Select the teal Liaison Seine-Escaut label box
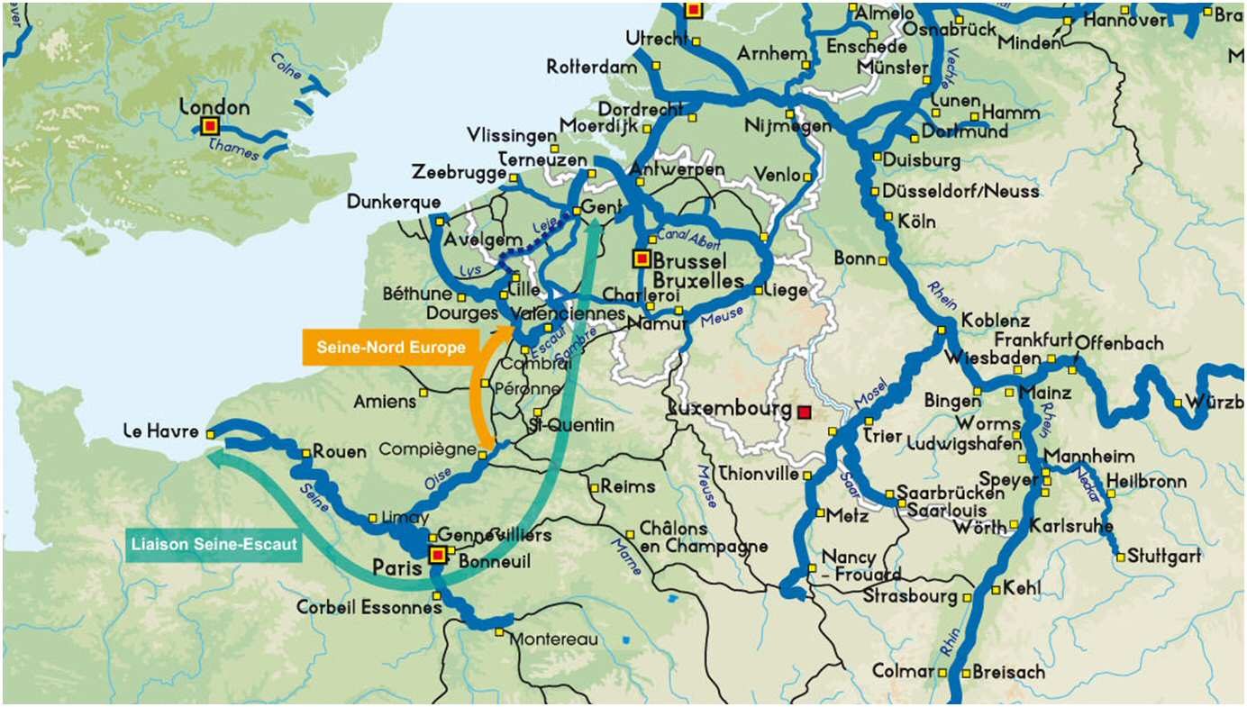click(x=214, y=545)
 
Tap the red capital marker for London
click(x=210, y=126)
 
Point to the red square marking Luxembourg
click(x=805, y=412)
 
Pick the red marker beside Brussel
click(x=641, y=259)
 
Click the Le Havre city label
click(x=161, y=432)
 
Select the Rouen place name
click(x=340, y=452)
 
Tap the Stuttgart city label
click(x=1164, y=556)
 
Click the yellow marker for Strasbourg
click(x=968, y=597)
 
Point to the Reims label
click(x=628, y=486)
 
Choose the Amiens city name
click(x=385, y=402)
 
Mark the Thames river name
click(x=233, y=150)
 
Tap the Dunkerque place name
click(x=394, y=202)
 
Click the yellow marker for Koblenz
click(x=942, y=331)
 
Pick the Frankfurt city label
click(x=1033, y=340)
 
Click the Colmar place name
click(x=903, y=671)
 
